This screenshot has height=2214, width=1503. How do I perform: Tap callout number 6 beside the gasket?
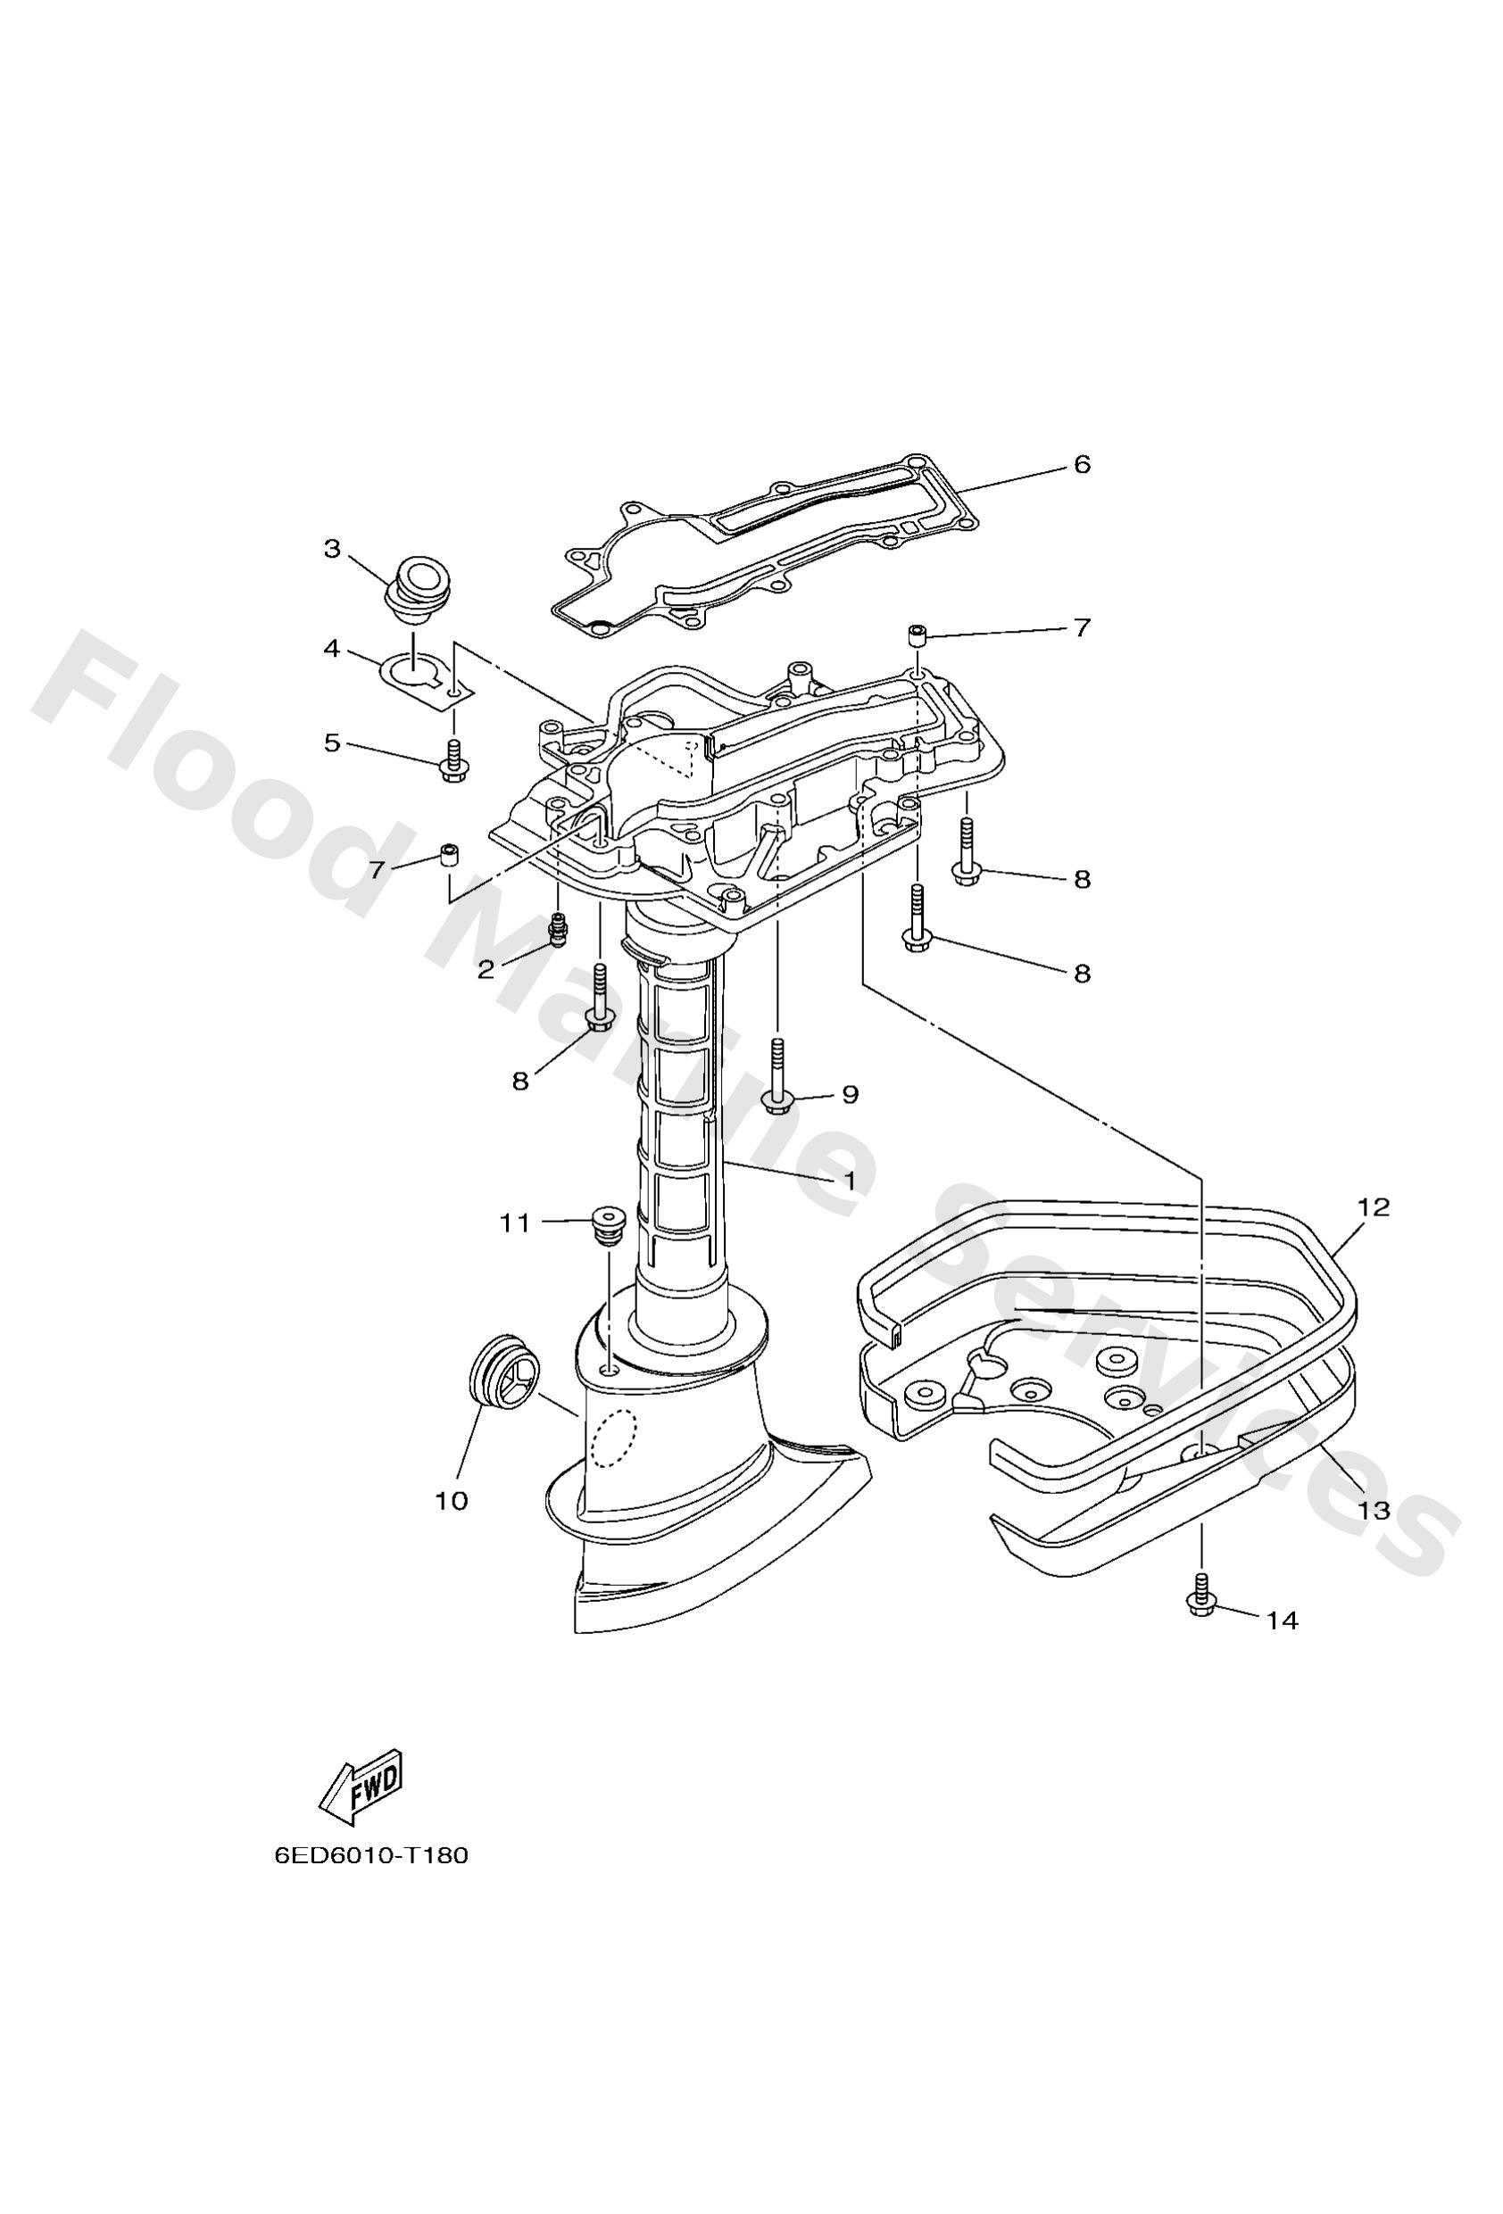[x=1081, y=465]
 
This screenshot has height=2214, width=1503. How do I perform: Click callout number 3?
[x=332, y=549]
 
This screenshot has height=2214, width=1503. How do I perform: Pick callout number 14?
[x=1283, y=1621]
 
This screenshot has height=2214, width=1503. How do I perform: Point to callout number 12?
[x=1374, y=1208]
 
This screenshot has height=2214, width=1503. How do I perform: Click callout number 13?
[x=1374, y=1510]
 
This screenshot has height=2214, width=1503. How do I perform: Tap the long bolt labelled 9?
[x=776, y=1086]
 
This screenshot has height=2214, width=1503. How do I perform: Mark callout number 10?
[x=452, y=1501]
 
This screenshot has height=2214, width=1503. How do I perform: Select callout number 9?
[x=851, y=1095]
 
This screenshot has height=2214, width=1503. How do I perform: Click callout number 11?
[x=515, y=1223]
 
